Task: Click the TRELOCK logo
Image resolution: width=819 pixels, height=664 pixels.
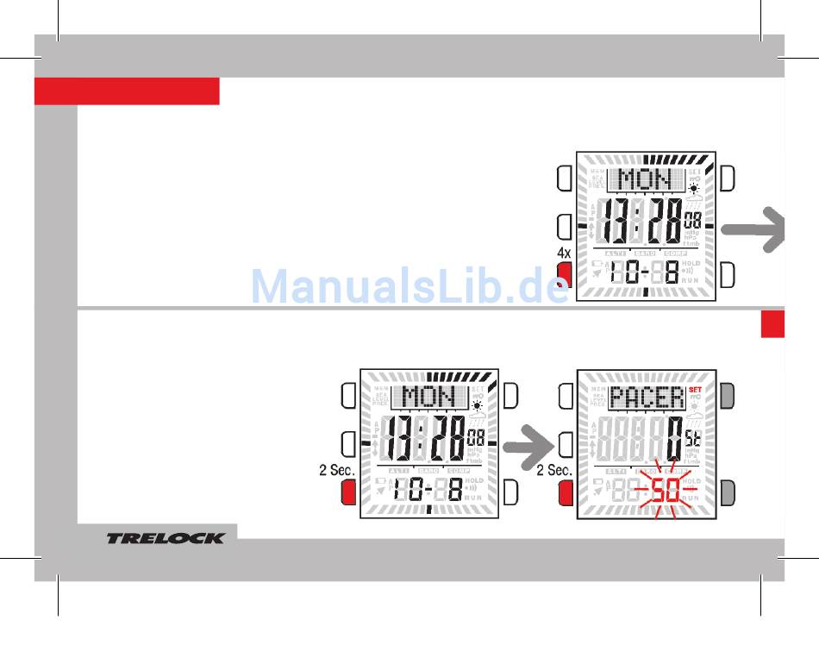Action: click(166, 538)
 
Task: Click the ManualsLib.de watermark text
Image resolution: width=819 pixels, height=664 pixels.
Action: click(409, 287)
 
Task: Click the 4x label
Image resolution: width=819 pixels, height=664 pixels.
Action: click(564, 254)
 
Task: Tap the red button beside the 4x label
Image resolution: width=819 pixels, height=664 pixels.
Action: click(565, 275)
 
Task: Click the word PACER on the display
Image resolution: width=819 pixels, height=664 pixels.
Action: click(647, 398)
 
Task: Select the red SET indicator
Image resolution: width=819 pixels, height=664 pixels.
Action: click(695, 389)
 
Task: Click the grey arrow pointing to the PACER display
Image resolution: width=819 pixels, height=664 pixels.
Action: click(528, 447)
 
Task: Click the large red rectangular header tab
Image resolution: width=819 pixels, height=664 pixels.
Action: click(127, 91)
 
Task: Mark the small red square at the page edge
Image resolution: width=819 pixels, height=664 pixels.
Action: click(772, 324)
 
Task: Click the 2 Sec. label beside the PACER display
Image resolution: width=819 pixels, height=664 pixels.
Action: click(554, 471)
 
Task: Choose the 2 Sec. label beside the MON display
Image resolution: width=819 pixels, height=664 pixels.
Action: click(337, 471)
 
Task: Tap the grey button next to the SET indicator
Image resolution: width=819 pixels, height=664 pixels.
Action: click(728, 396)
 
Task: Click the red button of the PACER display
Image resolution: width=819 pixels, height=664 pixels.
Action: click(566, 493)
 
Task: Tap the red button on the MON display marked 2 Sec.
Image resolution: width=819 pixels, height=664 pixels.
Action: click(348, 493)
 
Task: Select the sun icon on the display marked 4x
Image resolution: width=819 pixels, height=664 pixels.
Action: click(694, 188)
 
